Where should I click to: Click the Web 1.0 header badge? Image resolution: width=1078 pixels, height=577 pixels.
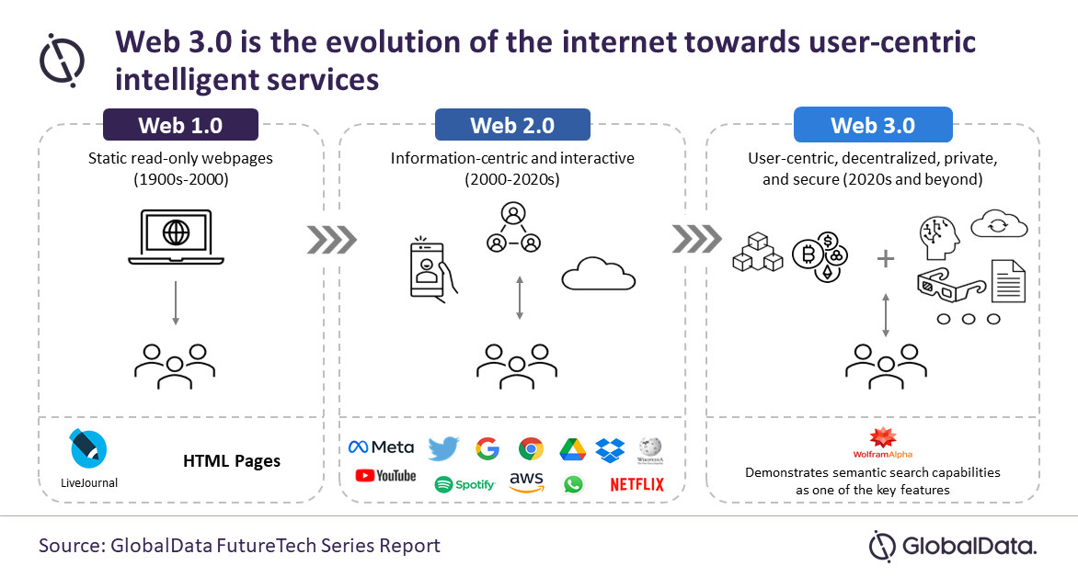(180, 125)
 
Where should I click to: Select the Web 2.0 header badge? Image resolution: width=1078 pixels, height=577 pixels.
(512, 125)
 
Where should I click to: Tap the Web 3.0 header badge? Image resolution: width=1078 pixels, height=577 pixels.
(872, 125)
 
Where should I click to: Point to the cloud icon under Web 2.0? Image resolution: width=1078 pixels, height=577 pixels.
(599, 273)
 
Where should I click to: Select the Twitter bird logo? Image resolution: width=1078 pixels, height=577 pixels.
(443, 448)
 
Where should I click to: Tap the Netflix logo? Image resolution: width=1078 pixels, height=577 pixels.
(636, 484)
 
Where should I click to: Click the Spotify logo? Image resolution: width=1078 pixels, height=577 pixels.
(464, 484)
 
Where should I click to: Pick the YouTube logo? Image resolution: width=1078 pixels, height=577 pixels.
(384, 476)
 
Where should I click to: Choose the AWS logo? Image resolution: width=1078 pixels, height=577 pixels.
(527, 481)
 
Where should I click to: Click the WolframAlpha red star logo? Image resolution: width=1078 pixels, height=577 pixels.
(884, 438)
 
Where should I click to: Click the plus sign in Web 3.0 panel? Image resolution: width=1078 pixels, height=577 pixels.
(885, 259)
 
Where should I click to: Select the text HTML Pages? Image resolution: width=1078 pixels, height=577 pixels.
(231, 460)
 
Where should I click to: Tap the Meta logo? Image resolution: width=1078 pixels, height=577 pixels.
(381, 447)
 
